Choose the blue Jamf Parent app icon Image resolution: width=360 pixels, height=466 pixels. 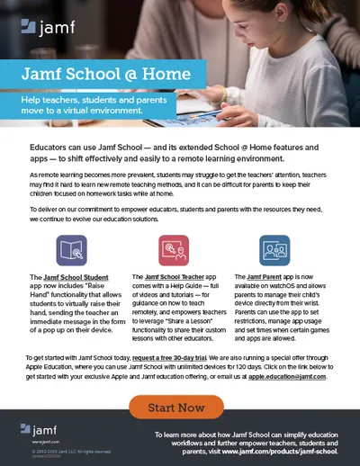pos(274,248)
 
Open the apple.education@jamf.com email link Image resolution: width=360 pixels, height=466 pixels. pos(274,376)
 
